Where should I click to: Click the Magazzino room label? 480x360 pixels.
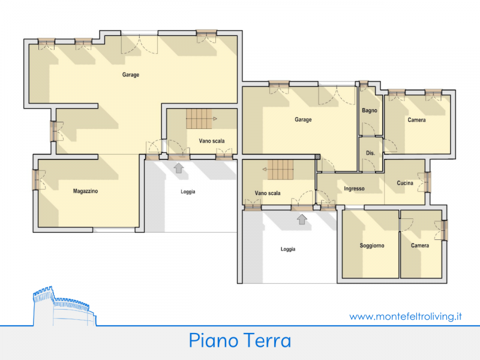(85, 191)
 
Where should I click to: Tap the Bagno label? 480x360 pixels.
(370, 110)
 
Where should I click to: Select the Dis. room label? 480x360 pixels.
(370, 153)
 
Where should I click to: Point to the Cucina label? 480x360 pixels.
(405, 183)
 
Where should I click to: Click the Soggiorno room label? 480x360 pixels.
(372, 245)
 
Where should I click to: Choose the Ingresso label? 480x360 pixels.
(354, 188)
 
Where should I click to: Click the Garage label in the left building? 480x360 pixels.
(131, 74)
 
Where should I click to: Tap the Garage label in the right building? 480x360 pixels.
(303, 119)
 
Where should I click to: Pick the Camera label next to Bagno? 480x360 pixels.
(416, 120)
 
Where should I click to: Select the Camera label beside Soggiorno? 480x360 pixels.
(420, 245)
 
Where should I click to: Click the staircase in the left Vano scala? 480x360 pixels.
(199, 119)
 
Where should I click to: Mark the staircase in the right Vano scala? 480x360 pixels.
(280, 170)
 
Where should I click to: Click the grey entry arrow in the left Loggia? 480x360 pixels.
(179, 168)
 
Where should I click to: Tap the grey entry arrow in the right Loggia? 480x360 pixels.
(302, 219)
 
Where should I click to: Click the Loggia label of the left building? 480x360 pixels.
(188, 191)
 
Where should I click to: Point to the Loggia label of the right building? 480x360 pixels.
(288, 249)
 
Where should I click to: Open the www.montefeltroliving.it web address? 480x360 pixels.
(406, 316)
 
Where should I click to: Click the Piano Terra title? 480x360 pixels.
(240, 340)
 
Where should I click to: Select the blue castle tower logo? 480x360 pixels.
(64, 306)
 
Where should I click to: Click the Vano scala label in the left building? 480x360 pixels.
(212, 141)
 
